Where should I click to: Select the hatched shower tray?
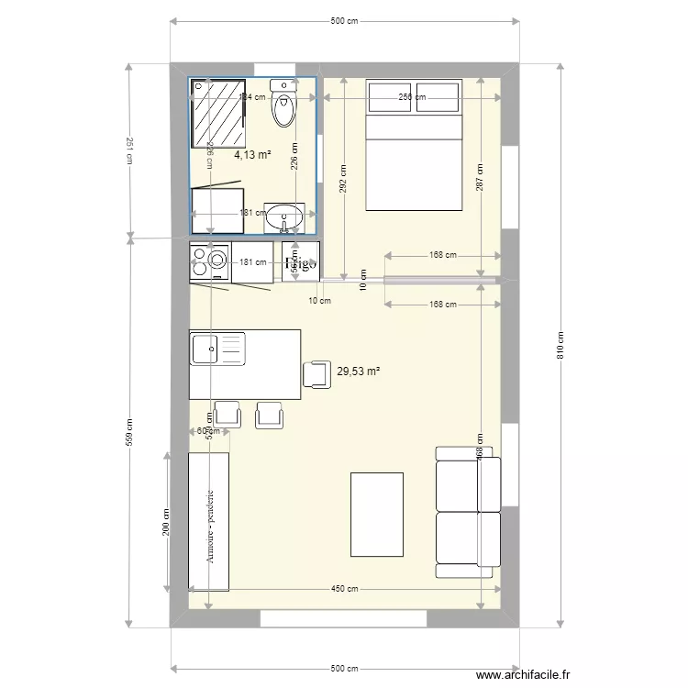point(219,113)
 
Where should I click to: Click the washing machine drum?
point(217,261)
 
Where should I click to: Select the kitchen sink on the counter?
point(217,350)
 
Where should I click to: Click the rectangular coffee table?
point(377,514)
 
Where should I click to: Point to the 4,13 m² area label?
point(252,155)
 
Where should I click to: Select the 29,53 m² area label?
point(359,372)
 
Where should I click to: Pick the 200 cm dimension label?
point(166,522)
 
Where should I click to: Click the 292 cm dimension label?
point(342,180)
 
